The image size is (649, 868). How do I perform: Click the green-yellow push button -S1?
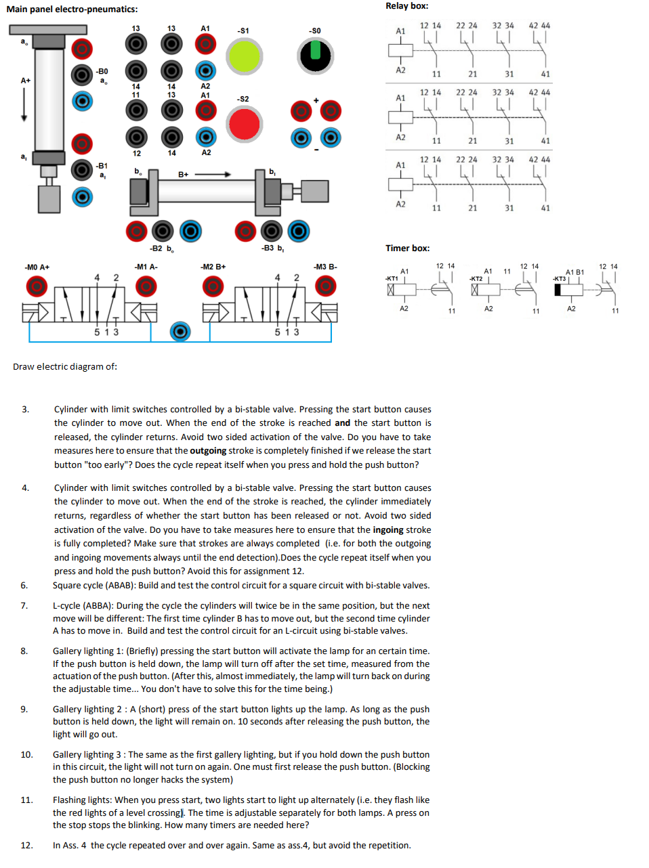pos(244,56)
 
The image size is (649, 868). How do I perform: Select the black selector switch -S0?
pos(315,56)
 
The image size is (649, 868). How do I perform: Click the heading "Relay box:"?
pos(406,6)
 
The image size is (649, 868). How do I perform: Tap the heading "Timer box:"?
pos(407,248)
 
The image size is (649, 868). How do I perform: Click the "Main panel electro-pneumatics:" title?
pos(72,9)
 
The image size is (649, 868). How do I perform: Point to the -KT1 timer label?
pos(392,278)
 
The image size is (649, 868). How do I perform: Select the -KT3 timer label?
pos(559,279)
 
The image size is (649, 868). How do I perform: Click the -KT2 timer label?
pos(476,279)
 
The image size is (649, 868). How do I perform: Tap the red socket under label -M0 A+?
pos(37,287)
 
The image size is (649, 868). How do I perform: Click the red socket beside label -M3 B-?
pos(326,287)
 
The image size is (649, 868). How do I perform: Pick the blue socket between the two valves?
pos(180,332)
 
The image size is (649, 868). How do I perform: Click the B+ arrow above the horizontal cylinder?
pos(213,175)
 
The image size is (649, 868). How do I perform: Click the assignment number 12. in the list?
pos(26,845)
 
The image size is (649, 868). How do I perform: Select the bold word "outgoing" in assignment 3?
pos(208,451)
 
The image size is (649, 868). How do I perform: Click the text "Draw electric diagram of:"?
pos(65,367)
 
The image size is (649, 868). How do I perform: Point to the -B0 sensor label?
pos(102,71)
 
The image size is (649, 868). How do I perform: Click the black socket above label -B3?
pos(272,232)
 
